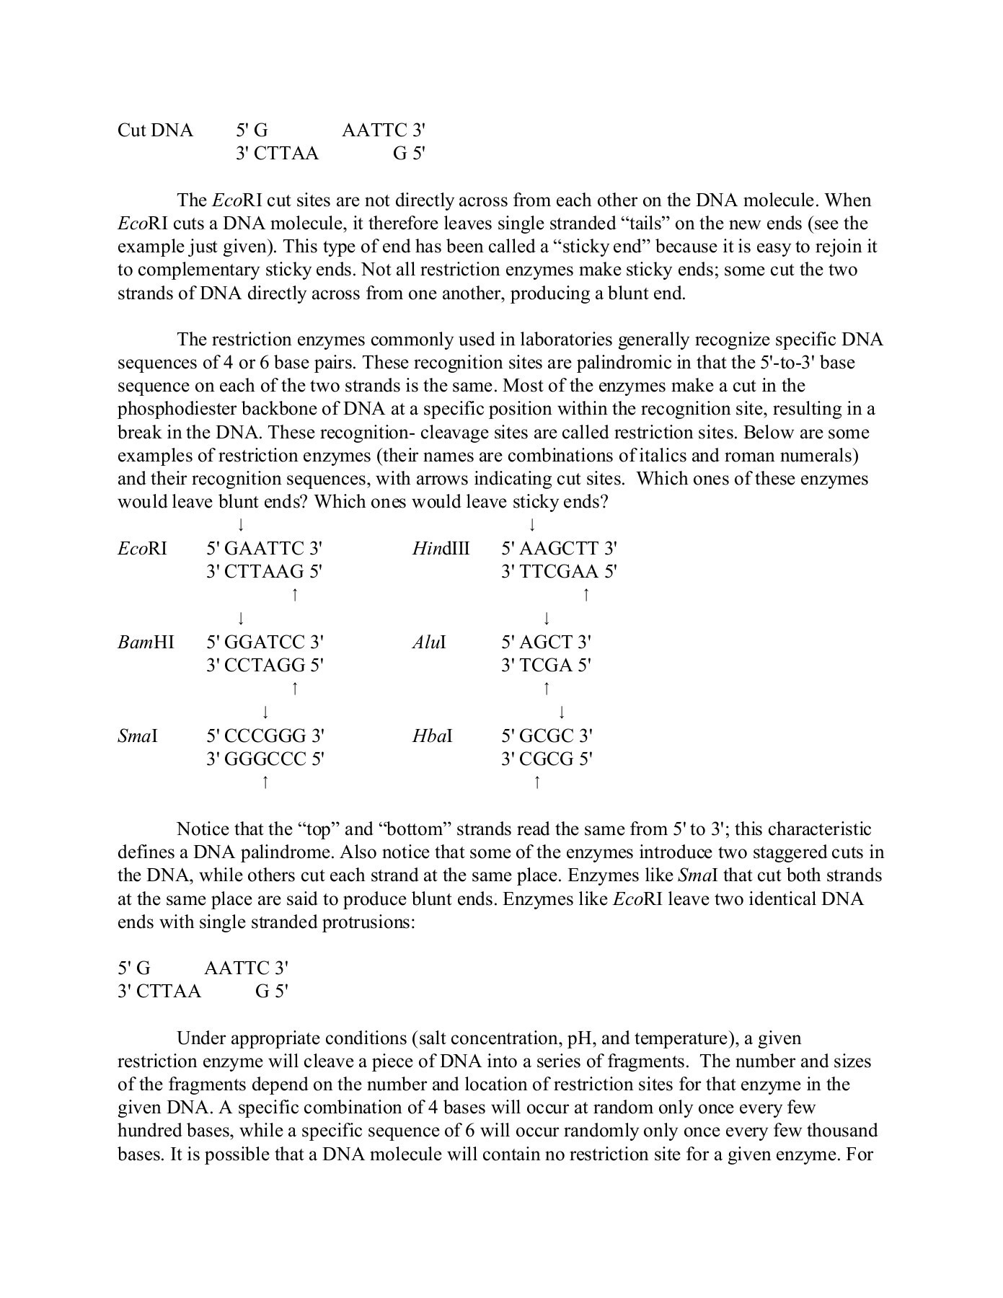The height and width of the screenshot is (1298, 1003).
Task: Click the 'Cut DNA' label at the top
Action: (x=155, y=131)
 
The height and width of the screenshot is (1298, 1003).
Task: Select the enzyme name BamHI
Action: (x=146, y=642)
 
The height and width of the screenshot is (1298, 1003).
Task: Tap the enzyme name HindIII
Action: (x=441, y=549)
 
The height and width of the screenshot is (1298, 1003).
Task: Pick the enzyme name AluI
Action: (x=428, y=642)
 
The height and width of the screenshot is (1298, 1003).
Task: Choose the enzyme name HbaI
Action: (x=432, y=736)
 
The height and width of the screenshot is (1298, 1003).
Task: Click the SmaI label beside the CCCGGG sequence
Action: (x=138, y=736)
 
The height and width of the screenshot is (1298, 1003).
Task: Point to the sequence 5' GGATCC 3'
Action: (x=265, y=642)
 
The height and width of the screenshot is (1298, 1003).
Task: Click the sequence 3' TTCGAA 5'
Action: (x=559, y=572)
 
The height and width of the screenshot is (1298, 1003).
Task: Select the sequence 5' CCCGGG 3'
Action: (x=265, y=736)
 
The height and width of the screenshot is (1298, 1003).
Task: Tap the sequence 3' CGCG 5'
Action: (x=547, y=759)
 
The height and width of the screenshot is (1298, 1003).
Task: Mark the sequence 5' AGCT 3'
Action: (x=546, y=642)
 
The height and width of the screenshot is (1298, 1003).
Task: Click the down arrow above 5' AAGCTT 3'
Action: (x=532, y=524)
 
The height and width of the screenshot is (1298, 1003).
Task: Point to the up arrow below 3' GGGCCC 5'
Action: (x=265, y=782)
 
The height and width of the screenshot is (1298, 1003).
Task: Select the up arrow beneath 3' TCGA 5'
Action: (x=547, y=688)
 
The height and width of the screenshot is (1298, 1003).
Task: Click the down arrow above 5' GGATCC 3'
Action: (x=240, y=618)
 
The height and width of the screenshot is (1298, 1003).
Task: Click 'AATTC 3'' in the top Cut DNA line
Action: (x=384, y=131)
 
